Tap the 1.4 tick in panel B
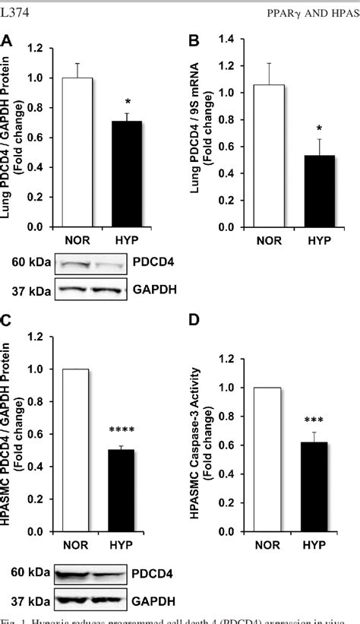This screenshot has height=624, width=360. click(x=233, y=49)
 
